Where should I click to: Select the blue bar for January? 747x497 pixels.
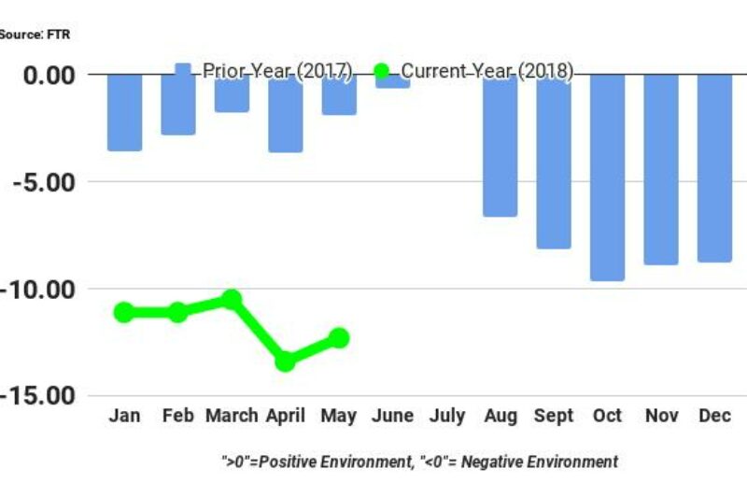[x=124, y=112]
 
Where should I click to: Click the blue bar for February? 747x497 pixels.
[x=178, y=104]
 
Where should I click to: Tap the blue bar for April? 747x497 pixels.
[x=286, y=113]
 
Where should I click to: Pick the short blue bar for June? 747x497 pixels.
[x=393, y=81]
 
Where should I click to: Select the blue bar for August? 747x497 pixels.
[x=500, y=145]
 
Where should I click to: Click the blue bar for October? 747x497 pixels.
[x=607, y=177]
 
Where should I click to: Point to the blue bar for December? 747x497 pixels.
[x=714, y=168]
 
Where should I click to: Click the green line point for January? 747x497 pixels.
[x=124, y=312]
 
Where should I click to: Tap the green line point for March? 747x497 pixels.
[x=232, y=299]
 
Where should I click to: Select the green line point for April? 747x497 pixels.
[x=286, y=361]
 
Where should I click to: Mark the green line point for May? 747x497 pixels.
[x=339, y=338]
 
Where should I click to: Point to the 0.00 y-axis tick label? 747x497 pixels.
[x=51, y=74]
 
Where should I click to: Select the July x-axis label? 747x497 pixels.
[x=446, y=416]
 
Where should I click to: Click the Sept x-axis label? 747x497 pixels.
[x=554, y=416]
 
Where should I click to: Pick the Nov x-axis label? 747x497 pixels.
[x=661, y=416]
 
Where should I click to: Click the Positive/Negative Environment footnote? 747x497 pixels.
[x=419, y=461]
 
